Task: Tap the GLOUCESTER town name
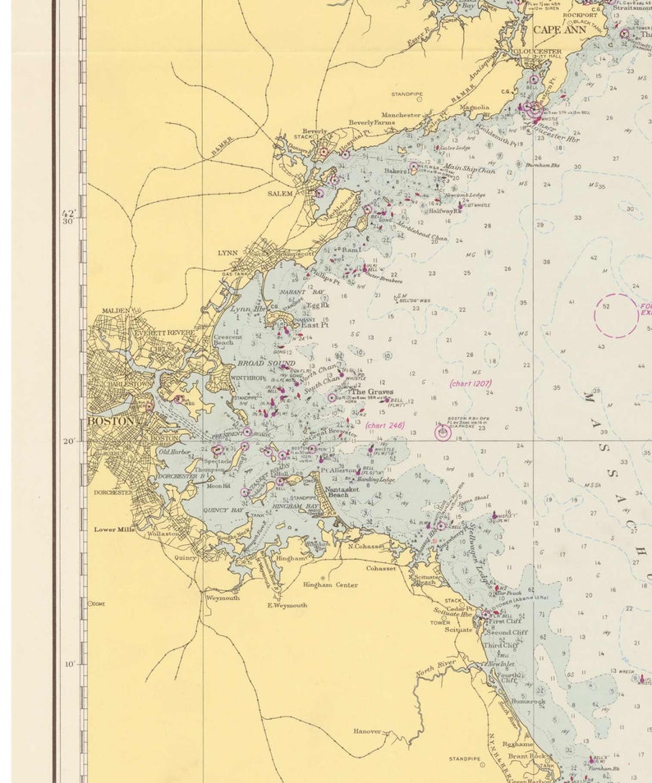(537, 51)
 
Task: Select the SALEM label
(281, 194)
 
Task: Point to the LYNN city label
(227, 253)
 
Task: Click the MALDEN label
(116, 311)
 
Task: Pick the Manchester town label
(401, 116)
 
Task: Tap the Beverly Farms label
(371, 123)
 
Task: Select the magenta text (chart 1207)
(471, 383)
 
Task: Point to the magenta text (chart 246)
(385, 424)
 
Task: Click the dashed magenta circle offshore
(616, 315)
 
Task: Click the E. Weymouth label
(287, 605)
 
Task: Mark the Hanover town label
(367, 730)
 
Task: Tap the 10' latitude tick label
(71, 665)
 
